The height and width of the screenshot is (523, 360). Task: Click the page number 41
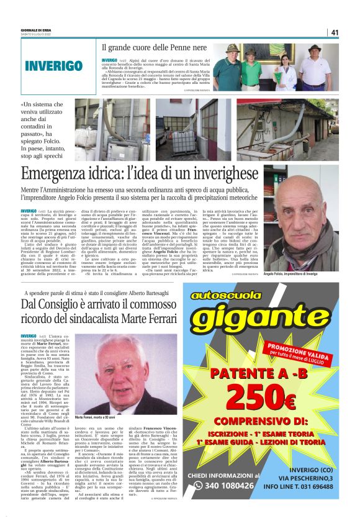335,33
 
